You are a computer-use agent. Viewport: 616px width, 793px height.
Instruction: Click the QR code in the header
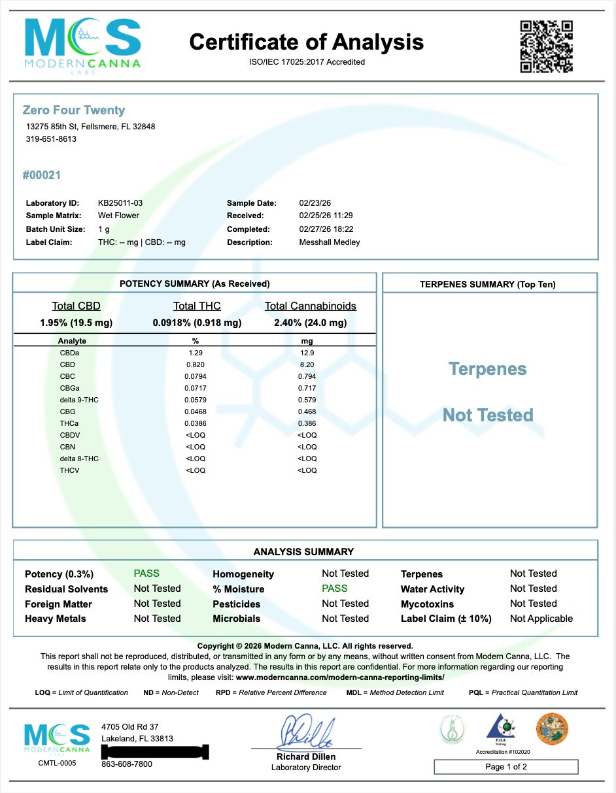tap(547, 46)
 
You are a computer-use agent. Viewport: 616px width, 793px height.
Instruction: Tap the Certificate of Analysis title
tap(306, 42)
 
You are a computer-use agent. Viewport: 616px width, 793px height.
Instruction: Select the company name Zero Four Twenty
tap(73, 110)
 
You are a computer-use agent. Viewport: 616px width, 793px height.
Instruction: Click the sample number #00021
tap(41, 175)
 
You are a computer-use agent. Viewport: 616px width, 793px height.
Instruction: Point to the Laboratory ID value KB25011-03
tap(120, 203)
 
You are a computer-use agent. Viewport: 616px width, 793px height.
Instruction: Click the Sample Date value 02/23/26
tap(315, 203)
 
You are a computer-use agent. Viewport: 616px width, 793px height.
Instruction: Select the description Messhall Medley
tap(329, 242)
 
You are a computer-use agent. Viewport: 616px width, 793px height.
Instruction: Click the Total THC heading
tap(197, 306)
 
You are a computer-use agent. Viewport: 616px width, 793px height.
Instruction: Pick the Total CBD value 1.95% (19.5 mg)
tap(76, 323)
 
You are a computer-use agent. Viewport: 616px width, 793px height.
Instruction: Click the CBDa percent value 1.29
tap(196, 353)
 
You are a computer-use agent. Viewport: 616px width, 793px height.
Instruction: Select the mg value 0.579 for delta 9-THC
tap(307, 400)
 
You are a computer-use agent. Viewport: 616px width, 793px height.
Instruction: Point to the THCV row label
tap(69, 470)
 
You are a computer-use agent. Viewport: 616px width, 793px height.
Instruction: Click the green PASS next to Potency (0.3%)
tap(146, 574)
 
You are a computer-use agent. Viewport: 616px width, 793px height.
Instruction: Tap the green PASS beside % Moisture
tap(334, 589)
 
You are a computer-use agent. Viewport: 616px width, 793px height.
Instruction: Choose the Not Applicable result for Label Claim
tap(541, 619)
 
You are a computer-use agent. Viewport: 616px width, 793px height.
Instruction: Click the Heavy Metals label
tap(56, 619)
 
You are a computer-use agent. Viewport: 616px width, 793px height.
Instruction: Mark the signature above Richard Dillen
tap(307, 733)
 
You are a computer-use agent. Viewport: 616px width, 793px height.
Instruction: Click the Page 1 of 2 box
tap(506, 767)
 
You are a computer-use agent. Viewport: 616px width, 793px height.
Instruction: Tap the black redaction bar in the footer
tap(153, 749)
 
